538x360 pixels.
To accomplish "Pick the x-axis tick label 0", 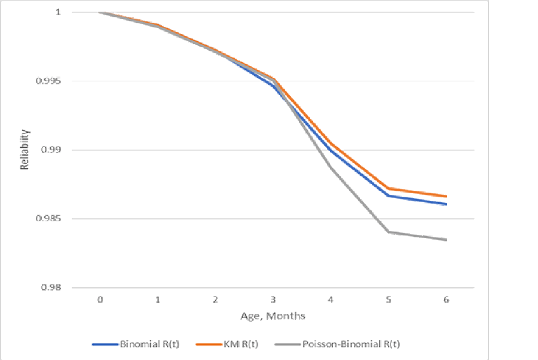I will tap(100, 299).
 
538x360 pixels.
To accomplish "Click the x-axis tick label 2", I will tap(215, 299).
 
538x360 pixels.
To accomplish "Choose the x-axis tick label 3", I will tap(273, 299).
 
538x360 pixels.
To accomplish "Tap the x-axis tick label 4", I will tap(331, 299).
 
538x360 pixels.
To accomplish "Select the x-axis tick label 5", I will tap(389, 299).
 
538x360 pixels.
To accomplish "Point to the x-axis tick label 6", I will tap(446, 299).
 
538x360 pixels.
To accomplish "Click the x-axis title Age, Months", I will tap(273, 316).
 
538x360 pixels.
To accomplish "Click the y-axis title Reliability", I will tap(25, 150).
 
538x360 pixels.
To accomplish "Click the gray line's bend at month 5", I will tap(389, 232).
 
